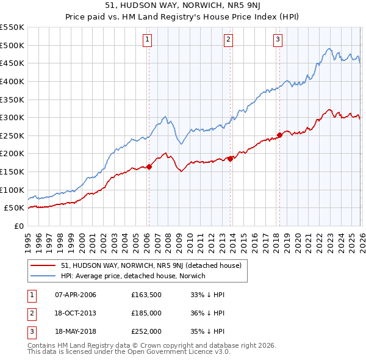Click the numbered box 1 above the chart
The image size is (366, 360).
pyautogui.click(x=148, y=40)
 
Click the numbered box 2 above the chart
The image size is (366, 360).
pyautogui.click(x=229, y=40)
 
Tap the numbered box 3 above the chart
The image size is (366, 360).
pyautogui.click(x=278, y=40)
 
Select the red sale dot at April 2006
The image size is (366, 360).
pyautogui.click(x=149, y=167)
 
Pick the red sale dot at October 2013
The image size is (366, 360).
pyautogui.click(x=230, y=159)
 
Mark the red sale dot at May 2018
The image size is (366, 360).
pyautogui.click(x=279, y=135)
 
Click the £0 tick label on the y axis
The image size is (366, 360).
pyautogui.click(x=18, y=226)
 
